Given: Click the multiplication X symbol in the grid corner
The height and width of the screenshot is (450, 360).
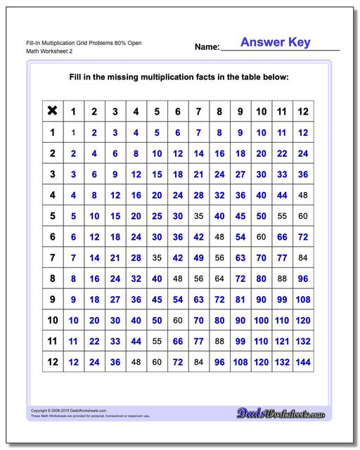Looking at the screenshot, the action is [52, 110].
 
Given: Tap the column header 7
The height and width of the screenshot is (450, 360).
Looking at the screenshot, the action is [198, 110].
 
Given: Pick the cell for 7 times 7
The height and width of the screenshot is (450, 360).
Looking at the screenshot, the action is [198, 258].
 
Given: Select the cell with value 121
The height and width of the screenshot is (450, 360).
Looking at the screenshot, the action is [282, 342].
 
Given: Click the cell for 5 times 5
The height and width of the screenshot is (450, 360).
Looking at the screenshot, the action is [157, 216].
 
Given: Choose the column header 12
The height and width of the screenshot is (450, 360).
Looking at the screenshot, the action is [303, 110].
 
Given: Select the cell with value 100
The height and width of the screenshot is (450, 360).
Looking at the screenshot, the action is [262, 321].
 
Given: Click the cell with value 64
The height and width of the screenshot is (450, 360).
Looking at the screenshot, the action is [219, 279].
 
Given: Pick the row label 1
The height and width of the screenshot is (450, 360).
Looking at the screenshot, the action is [52, 131].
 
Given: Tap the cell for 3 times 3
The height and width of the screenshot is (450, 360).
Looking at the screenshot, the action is [115, 174].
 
